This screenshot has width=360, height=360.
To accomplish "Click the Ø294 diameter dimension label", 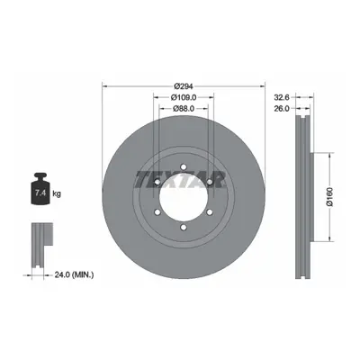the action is [184, 86].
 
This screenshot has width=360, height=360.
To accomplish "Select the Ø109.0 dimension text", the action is [184, 97].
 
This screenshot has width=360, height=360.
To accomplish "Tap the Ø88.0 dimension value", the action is [184, 109].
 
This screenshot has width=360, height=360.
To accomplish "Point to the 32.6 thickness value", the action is [282, 97].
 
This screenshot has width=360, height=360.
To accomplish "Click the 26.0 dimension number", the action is [282, 109].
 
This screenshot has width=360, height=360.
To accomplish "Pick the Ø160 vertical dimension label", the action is [329, 197].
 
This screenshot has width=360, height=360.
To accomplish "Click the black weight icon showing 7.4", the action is [40, 189].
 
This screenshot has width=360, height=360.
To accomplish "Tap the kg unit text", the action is [57, 193].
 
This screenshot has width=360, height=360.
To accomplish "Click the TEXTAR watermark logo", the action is [180, 179].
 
